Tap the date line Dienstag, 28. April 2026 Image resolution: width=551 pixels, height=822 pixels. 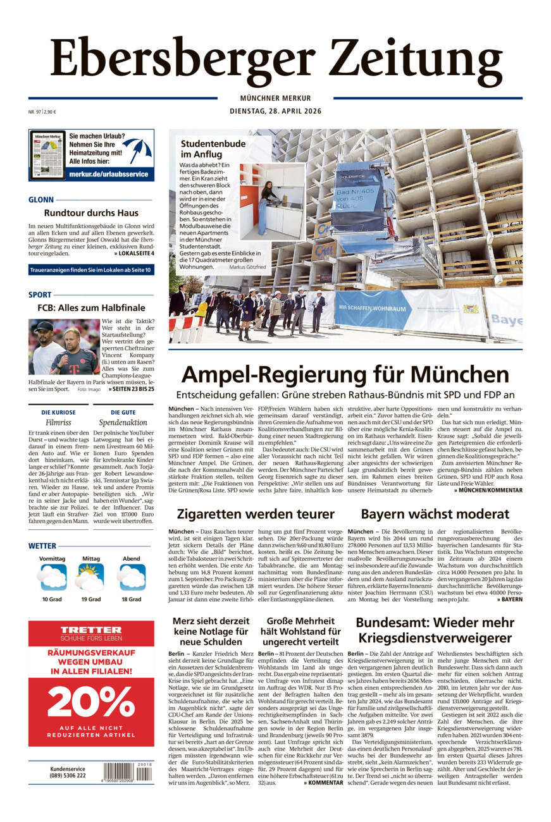275,111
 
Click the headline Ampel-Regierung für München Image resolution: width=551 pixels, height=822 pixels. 345,374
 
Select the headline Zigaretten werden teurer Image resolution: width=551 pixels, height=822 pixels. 256,513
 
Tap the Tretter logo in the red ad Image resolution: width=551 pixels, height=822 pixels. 91,630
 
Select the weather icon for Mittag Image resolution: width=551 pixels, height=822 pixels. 90,577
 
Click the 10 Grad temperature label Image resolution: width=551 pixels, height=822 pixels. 53,599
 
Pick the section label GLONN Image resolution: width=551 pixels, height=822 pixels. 41,200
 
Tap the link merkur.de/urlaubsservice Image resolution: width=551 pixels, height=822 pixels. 109,174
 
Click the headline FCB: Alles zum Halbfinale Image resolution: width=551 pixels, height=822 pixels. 91,309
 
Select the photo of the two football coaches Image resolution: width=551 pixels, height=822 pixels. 64,347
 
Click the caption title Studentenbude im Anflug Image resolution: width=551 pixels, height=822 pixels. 213,149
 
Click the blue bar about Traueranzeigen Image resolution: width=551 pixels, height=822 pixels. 90,271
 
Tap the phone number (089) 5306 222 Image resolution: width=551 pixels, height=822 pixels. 68,775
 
